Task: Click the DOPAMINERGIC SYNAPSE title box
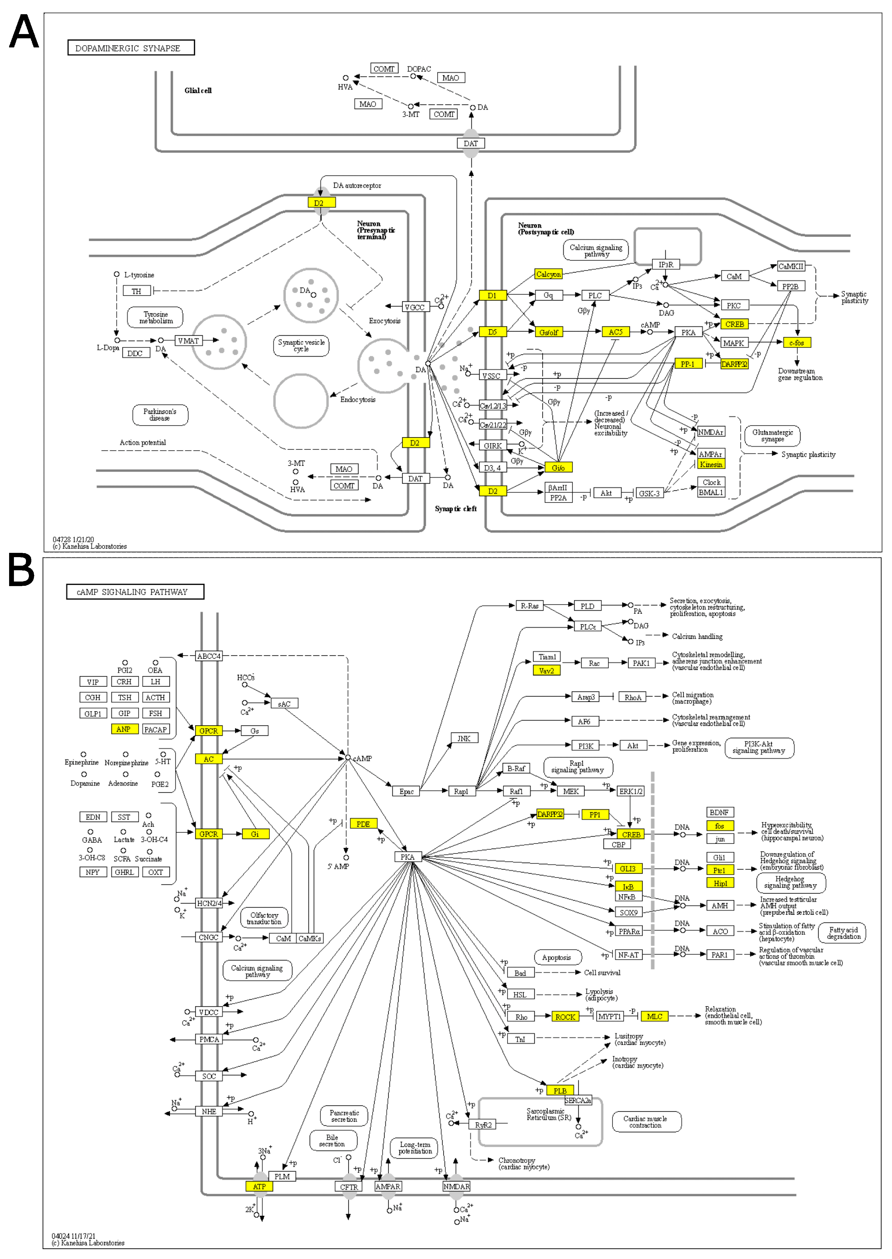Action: click(131, 48)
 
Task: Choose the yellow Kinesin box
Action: click(711, 464)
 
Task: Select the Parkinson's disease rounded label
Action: click(160, 414)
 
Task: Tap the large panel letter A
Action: click(24, 32)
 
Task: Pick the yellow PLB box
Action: click(560, 1090)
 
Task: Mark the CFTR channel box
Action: click(349, 1186)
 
